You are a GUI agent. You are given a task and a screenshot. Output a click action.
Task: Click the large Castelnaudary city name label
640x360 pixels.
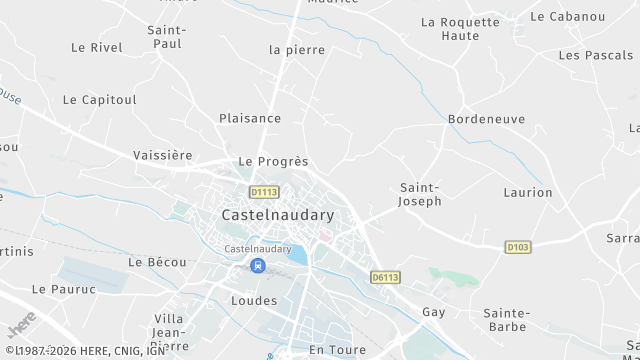click(277, 214)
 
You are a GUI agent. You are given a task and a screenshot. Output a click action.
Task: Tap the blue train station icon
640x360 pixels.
click(258, 265)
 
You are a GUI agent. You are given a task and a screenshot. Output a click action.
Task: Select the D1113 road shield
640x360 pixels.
click(264, 191)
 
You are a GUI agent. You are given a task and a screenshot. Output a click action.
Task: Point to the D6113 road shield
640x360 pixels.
click(385, 277)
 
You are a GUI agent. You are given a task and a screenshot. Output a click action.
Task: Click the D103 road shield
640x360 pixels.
click(517, 246)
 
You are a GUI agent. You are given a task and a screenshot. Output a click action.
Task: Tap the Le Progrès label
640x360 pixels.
click(273, 161)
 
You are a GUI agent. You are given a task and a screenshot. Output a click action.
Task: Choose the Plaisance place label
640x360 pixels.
click(250, 118)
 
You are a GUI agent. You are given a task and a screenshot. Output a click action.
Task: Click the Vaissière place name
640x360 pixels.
click(162, 155)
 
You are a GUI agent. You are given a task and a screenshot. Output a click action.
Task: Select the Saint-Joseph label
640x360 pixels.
click(420, 194)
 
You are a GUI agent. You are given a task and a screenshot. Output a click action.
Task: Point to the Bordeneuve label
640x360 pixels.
click(486, 119)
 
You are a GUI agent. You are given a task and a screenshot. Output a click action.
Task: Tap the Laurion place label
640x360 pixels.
click(528, 192)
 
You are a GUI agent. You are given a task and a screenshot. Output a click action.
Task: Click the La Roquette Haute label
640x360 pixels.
click(460, 28)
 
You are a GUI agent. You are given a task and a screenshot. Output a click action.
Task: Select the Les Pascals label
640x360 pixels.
click(596, 55)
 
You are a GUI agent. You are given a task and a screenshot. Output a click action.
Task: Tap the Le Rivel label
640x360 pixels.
click(97, 47)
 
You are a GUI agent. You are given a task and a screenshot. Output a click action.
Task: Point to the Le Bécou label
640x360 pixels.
click(157, 262)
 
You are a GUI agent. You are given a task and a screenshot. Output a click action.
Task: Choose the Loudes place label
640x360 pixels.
click(253, 300)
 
